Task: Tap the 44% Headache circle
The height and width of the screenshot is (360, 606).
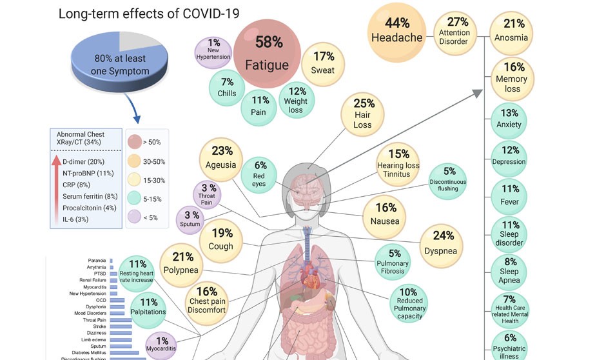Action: pyautogui.click(x=397, y=30)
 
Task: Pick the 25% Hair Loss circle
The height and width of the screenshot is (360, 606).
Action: pyautogui.click(x=363, y=114)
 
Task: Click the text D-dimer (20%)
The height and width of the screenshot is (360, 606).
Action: pyautogui.click(x=83, y=161)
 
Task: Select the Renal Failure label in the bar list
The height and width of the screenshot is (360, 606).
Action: pyautogui.click(x=93, y=281)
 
